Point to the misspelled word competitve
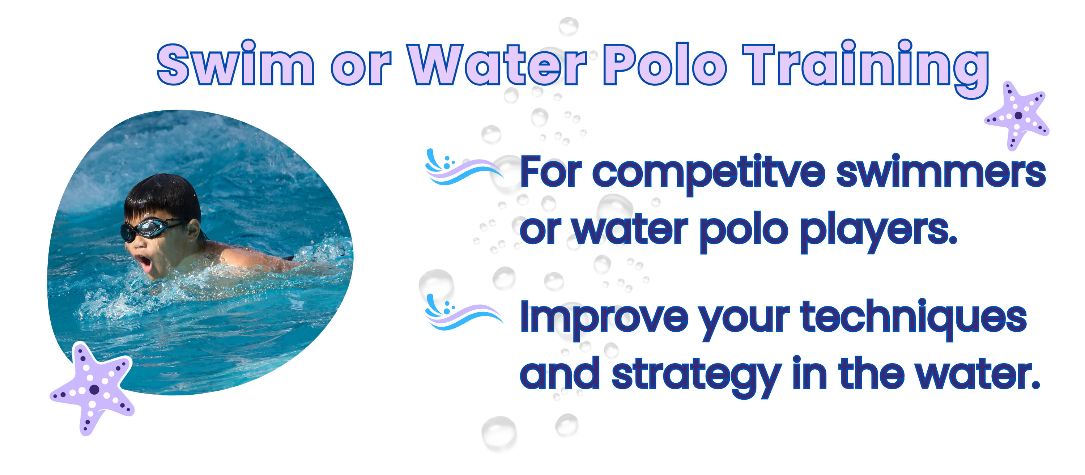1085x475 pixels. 709,174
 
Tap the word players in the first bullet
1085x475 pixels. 878,232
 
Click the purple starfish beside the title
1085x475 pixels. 1017,115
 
